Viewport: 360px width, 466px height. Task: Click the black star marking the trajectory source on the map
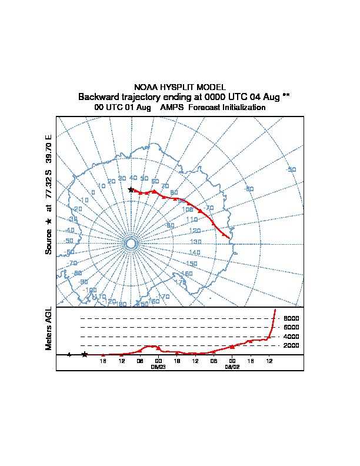(x=131, y=189)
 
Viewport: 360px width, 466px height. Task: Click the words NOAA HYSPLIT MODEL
(x=179, y=87)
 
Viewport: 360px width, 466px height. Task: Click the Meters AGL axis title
(x=49, y=328)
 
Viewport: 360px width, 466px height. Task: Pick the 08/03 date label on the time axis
(x=158, y=366)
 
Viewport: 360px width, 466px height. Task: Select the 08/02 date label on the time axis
(x=232, y=366)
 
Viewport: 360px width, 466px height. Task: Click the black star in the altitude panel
(x=85, y=354)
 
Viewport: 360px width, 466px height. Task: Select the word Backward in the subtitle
(x=98, y=96)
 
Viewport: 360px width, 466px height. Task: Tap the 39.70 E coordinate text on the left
(x=49, y=149)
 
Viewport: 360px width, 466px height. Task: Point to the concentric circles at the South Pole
(x=131, y=244)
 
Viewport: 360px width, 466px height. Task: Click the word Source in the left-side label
(x=49, y=241)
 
